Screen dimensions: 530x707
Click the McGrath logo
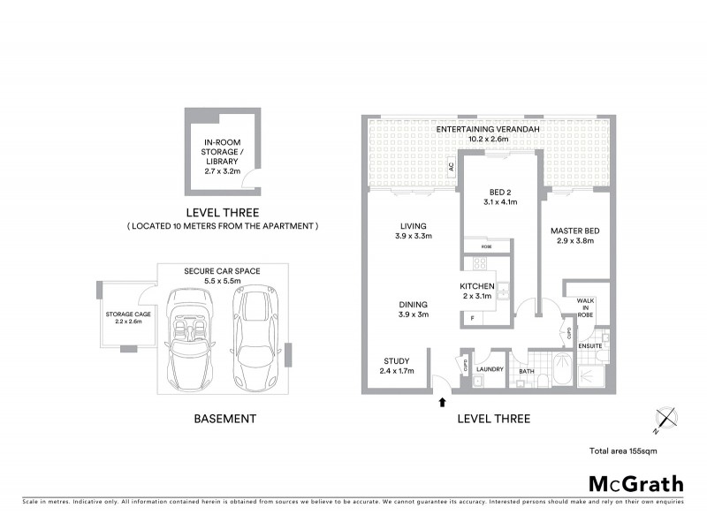coord(636,483)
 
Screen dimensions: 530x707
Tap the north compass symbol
coord(665,420)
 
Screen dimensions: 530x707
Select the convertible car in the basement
coord(188,338)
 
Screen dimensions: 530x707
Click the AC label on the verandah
coord(451,166)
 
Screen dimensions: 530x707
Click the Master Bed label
coord(574,236)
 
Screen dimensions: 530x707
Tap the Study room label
coord(395,365)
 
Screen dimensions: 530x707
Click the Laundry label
coord(489,369)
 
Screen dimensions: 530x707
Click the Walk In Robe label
coord(586,307)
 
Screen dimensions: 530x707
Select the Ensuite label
coord(590,345)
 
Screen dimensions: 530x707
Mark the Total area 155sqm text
coord(622,451)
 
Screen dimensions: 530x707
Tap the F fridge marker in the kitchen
coord(472,318)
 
